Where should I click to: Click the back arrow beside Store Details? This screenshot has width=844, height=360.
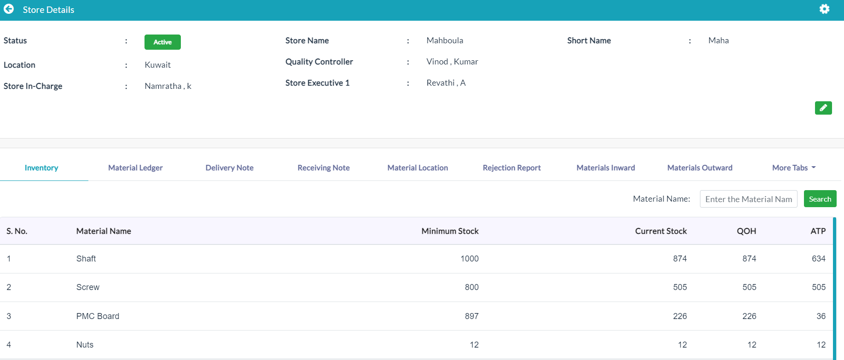pyautogui.click(x=9, y=9)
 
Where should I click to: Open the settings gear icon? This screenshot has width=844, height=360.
pyautogui.click(x=824, y=9)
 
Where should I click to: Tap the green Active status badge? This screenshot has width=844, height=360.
pyautogui.click(x=162, y=42)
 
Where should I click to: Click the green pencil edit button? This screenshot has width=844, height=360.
pyautogui.click(x=823, y=108)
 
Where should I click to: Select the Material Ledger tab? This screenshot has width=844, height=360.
pyautogui.click(x=135, y=168)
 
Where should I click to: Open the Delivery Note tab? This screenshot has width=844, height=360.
pyautogui.click(x=229, y=168)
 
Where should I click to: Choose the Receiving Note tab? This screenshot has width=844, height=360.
pyautogui.click(x=324, y=168)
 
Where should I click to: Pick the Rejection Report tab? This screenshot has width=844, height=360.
pyautogui.click(x=512, y=168)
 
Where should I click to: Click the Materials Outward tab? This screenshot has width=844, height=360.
pyautogui.click(x=699, y=168)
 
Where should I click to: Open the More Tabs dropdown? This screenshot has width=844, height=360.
pyautogui.click(x=794, y=168)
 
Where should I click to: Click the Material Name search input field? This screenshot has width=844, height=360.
pyautogui.click(x=748, y=199)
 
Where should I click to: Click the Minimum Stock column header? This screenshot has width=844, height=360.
pyautogui.click(x=450, y=231)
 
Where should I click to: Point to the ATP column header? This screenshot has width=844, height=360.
pyautogui.click(x=818, y=231)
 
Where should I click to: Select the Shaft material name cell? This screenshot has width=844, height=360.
pyautogui.click(x=86, y=259)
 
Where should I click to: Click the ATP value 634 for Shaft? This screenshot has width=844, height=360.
pyautogui.click(x=819, y=259)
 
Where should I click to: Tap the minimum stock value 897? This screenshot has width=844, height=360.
pyautogui.click(x=472, y=316)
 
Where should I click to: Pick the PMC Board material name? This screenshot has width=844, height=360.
pyautogui.click(x=98, y=316)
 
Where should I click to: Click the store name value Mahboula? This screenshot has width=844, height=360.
pyautogui.click(x=445, y=41)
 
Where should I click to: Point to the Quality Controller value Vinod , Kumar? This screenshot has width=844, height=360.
pyautogui.click(x=452, y=62)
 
